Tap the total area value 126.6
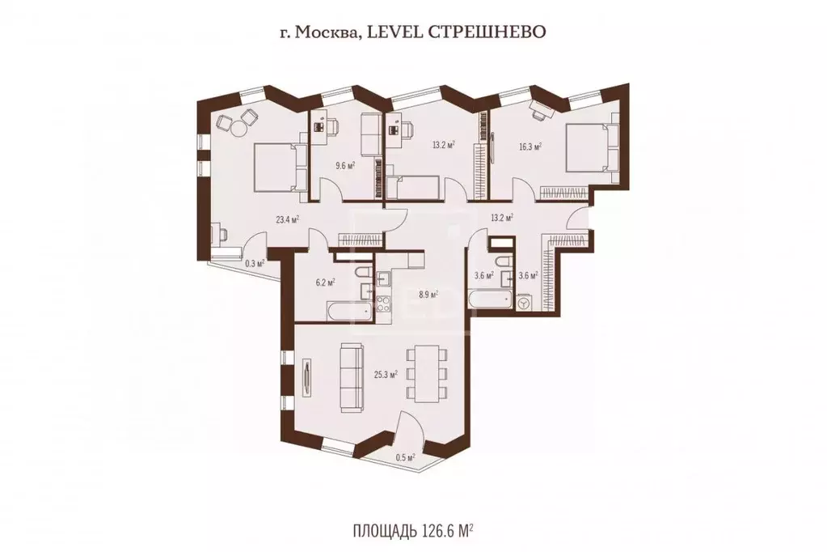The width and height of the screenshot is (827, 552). [441, 530]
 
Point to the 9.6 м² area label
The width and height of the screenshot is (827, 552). [345, 165]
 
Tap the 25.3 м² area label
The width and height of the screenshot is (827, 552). [386, 374]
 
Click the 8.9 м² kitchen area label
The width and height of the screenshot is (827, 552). [428, 295]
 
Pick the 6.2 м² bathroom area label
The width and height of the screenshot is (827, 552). [326, 282]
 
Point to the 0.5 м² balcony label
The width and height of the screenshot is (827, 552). [405, 457]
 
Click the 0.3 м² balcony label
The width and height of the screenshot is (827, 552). [254, 262]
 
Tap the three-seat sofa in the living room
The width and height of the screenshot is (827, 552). [351, 377]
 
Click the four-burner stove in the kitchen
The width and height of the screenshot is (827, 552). [382, 304]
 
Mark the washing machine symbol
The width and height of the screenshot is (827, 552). [525, 305]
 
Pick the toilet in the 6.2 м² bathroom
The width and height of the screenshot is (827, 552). [363, 274]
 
